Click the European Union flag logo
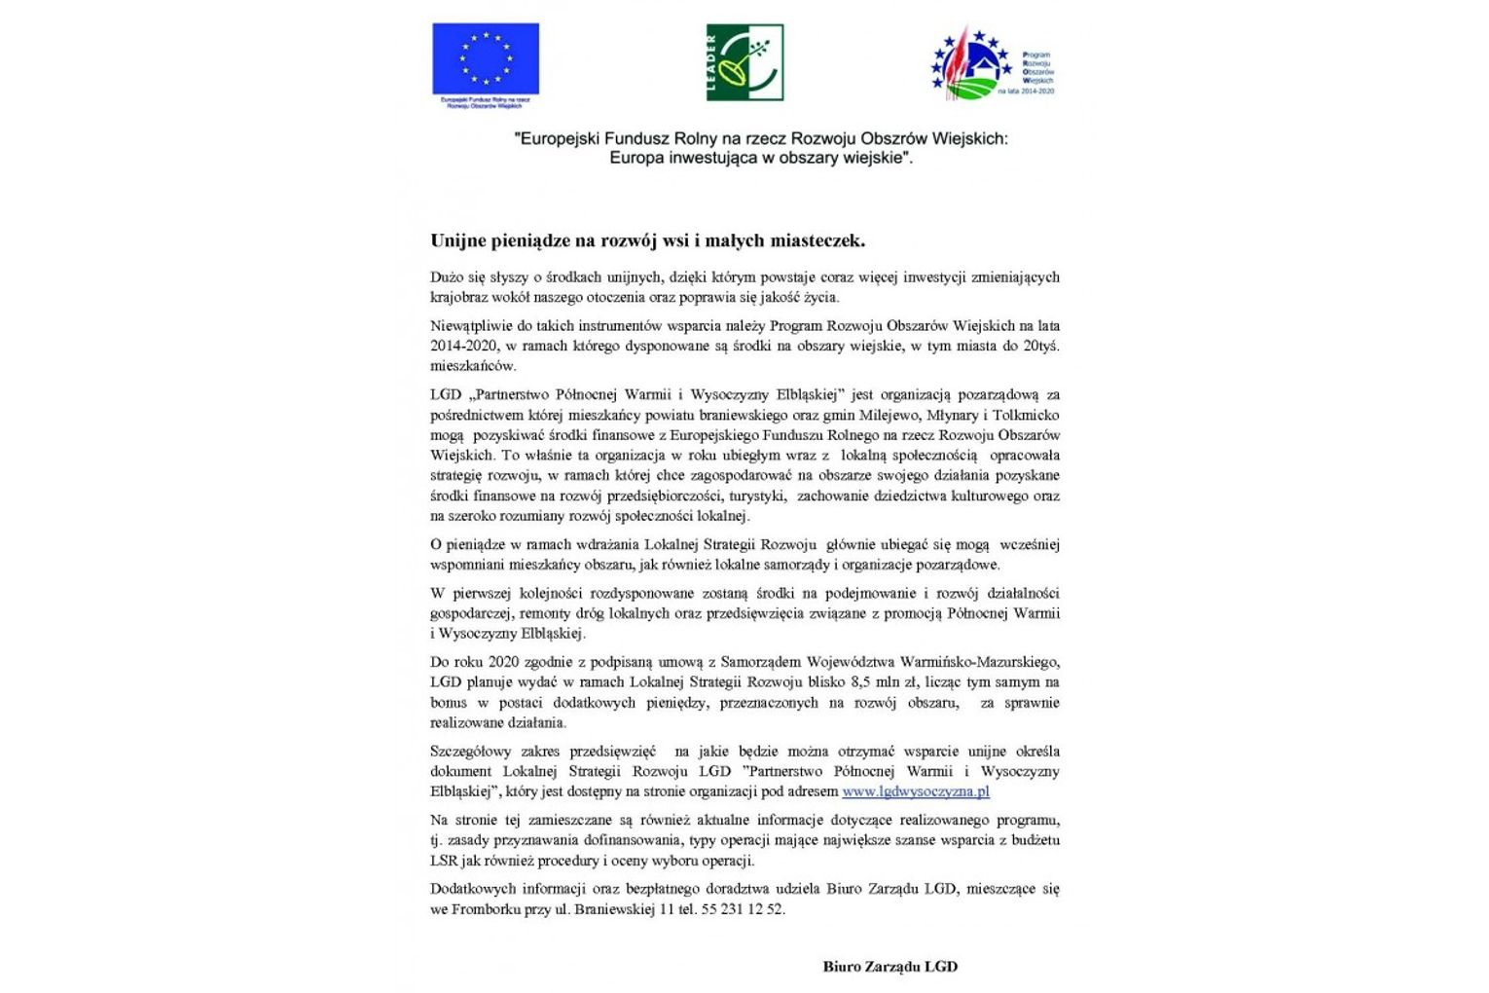(x=486, y=59)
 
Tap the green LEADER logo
(x=744, y=63)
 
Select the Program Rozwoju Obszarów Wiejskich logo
(x=992, y=63)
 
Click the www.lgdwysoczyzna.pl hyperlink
(x=915, y=791)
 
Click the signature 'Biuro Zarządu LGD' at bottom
(x=890, y=967)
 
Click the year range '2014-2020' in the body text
(x=462, y=346)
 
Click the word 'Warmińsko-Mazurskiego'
(x=980, y=662)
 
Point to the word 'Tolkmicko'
(x=1026, y=415)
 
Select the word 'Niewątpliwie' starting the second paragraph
(x=471, y=325)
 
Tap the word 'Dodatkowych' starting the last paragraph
(x=470, y=888)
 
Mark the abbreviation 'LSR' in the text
(x=444, y=861)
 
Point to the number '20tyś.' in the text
(x=1040, y=346)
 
